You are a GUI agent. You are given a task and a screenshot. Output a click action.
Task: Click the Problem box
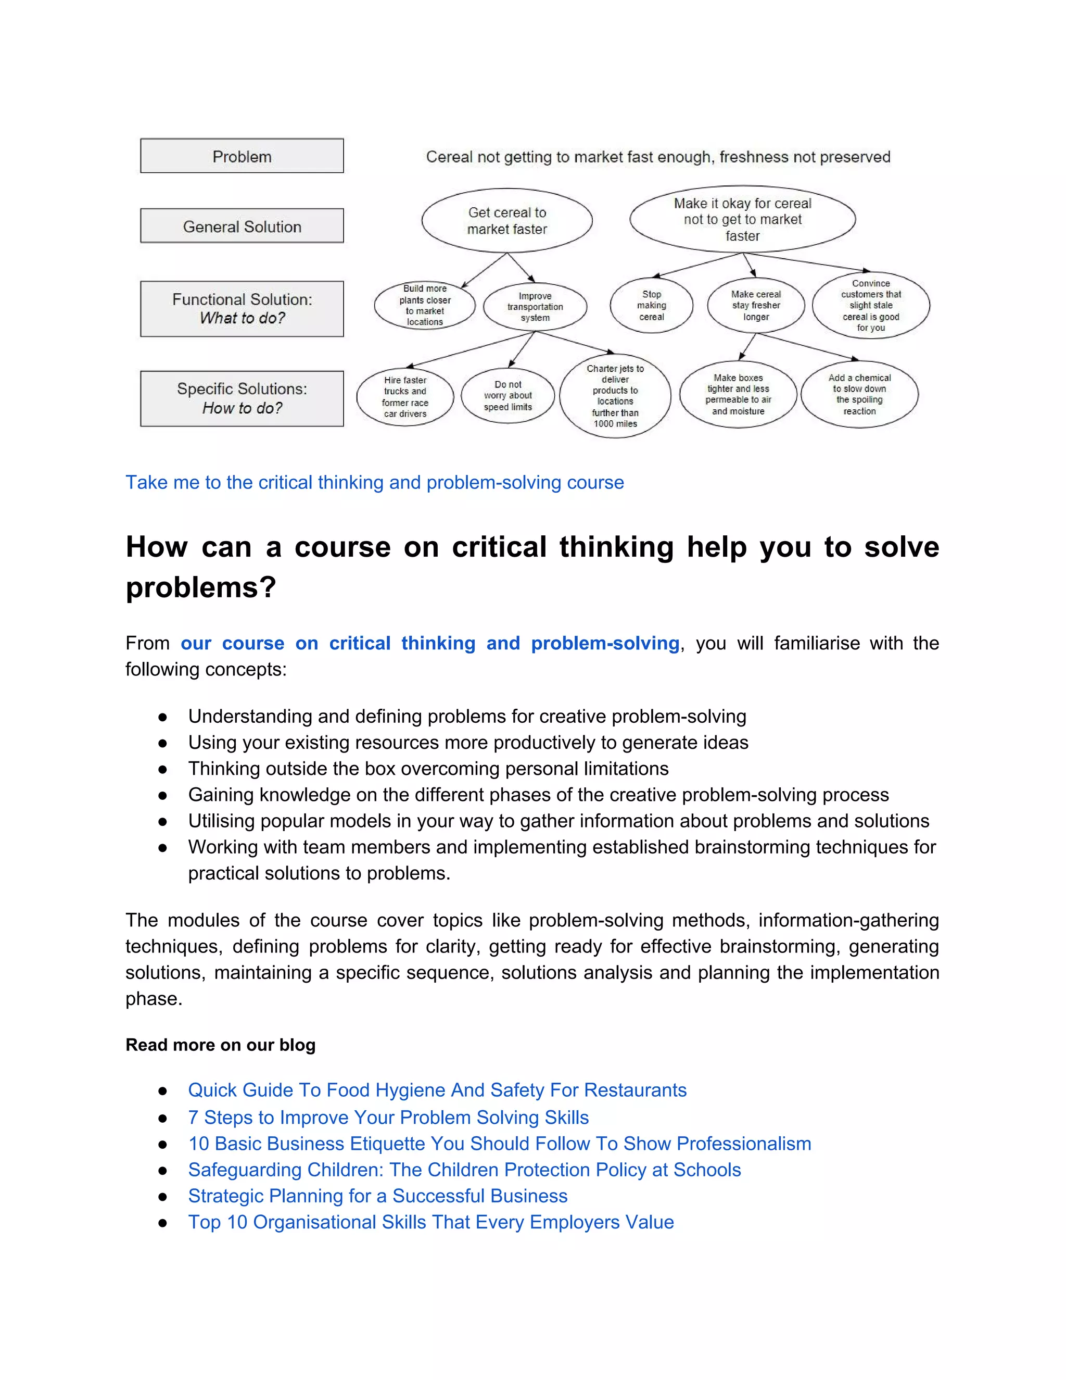[x=242, y=156]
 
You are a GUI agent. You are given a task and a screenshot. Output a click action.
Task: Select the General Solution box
[x=242, y=226]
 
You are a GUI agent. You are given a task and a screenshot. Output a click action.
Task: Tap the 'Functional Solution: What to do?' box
[x=242, y=308]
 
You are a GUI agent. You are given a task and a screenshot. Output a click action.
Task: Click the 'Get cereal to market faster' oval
[x=506, y=220]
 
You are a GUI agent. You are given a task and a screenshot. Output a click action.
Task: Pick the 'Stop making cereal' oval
[x=651, y=305]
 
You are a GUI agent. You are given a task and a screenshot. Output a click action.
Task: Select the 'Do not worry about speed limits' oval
[x=507, y=396]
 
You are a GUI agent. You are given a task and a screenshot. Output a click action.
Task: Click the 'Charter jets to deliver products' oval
[x=615, y=396]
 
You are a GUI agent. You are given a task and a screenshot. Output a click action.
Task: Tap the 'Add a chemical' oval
[x=859, y=394]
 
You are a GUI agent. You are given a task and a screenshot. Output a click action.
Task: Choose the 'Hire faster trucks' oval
[x=405, y=397]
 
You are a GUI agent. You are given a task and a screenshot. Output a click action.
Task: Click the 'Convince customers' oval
[x=870, y=305]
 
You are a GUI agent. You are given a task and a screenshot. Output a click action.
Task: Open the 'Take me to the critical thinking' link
[x=374, y=482]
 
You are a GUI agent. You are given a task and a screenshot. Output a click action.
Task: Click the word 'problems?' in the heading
[x=201, y=587]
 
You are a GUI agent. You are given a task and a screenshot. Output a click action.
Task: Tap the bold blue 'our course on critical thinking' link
[x=429, y=643]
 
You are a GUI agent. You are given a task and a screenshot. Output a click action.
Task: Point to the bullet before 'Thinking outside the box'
[x=162, y=769]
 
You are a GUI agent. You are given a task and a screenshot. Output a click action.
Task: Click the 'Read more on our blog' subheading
[x=220, y=1045]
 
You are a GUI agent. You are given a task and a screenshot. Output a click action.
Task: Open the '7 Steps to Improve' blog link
[x=388, y=1117]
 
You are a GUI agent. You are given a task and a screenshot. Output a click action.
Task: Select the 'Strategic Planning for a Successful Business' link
[x=378, y=1196]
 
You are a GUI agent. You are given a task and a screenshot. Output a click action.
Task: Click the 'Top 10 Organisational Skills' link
[x=430, y=1222]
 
